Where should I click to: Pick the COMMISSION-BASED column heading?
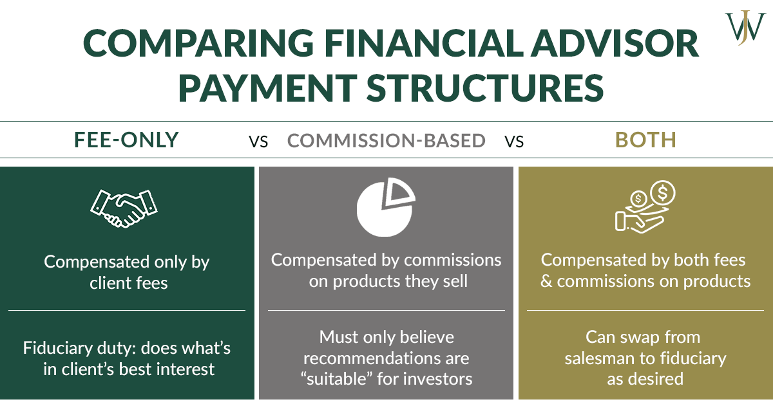tap(386, 140)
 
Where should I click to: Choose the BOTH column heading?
tap(645, 140)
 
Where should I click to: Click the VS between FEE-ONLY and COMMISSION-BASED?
tap(258, 141)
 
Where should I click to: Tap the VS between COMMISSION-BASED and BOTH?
tap(514, 141)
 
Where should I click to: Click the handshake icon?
tap(124, 208)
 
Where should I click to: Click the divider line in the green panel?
tap(127, 310)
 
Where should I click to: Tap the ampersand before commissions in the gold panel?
tap(546, 282)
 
